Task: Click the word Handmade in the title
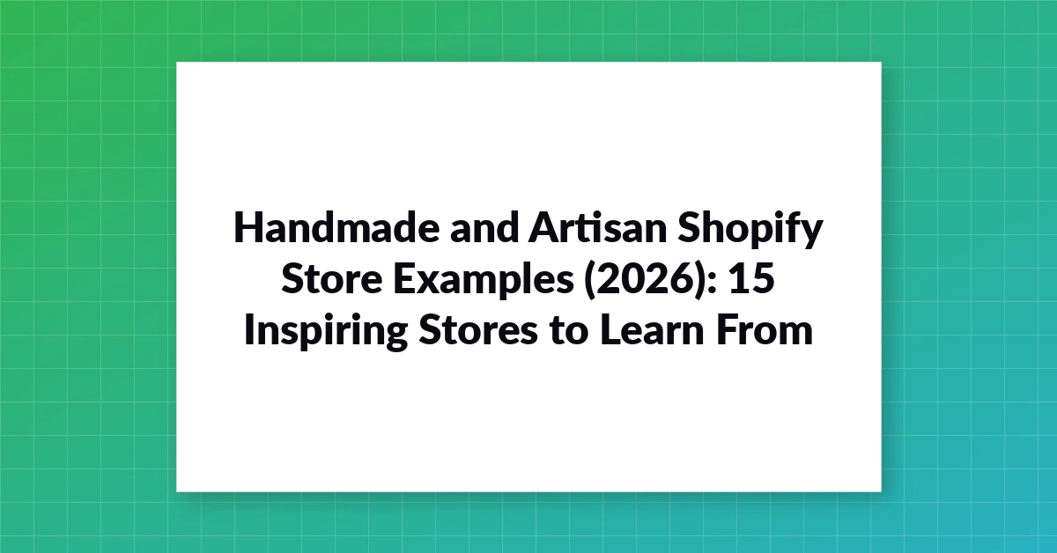(x=336, y=227)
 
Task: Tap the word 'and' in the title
(x=484, y=227)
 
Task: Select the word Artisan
(x=598, y=227)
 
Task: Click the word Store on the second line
(x=332, y=278)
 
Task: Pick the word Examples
(x=484, y=281)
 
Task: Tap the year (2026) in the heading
(x=646, y=280)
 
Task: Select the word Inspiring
(x=326, y=332)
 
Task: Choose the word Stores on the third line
(x=478, y=330)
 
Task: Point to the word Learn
(x=653, y=329)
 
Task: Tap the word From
(x=765, y=329)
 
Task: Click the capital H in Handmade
(x=248, y=227)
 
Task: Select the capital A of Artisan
(x=543, y=227)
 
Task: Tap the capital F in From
(x=727, y=329)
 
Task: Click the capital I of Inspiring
(x=248, y=329)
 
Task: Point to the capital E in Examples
(x=404, y=278)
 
